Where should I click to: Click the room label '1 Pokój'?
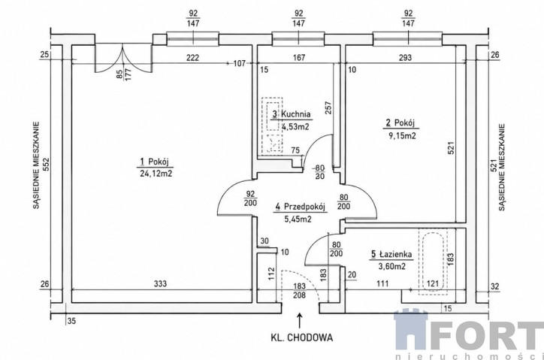(x=154, y=162)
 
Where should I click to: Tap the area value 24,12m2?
(x=156, y=173)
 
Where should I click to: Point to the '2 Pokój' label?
(x=400, y=123)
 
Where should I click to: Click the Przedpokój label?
(x=300, y=207)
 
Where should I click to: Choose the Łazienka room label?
(x=391, y=254)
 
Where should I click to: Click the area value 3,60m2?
(x=393, y=266)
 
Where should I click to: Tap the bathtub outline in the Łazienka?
(x=434, y=262)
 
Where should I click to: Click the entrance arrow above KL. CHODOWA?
(x=299, y=320)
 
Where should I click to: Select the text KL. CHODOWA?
(x=301, y=337)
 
